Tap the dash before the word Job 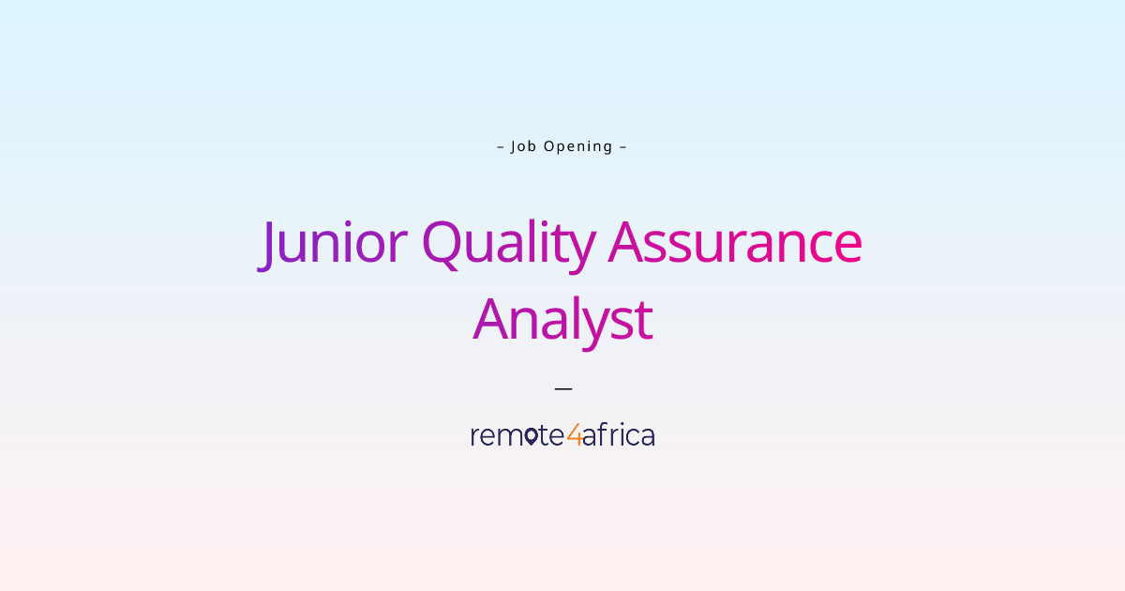click(x=501, y=146)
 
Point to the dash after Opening click(x=623, y=146)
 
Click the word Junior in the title click(x=333, y=243)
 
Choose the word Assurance click(x=735, y=243)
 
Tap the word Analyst click(x=562, y=320)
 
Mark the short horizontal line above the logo click(x=562, y=387)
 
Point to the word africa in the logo click(x=619, y=435)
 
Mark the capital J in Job click(x=514, y=146)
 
